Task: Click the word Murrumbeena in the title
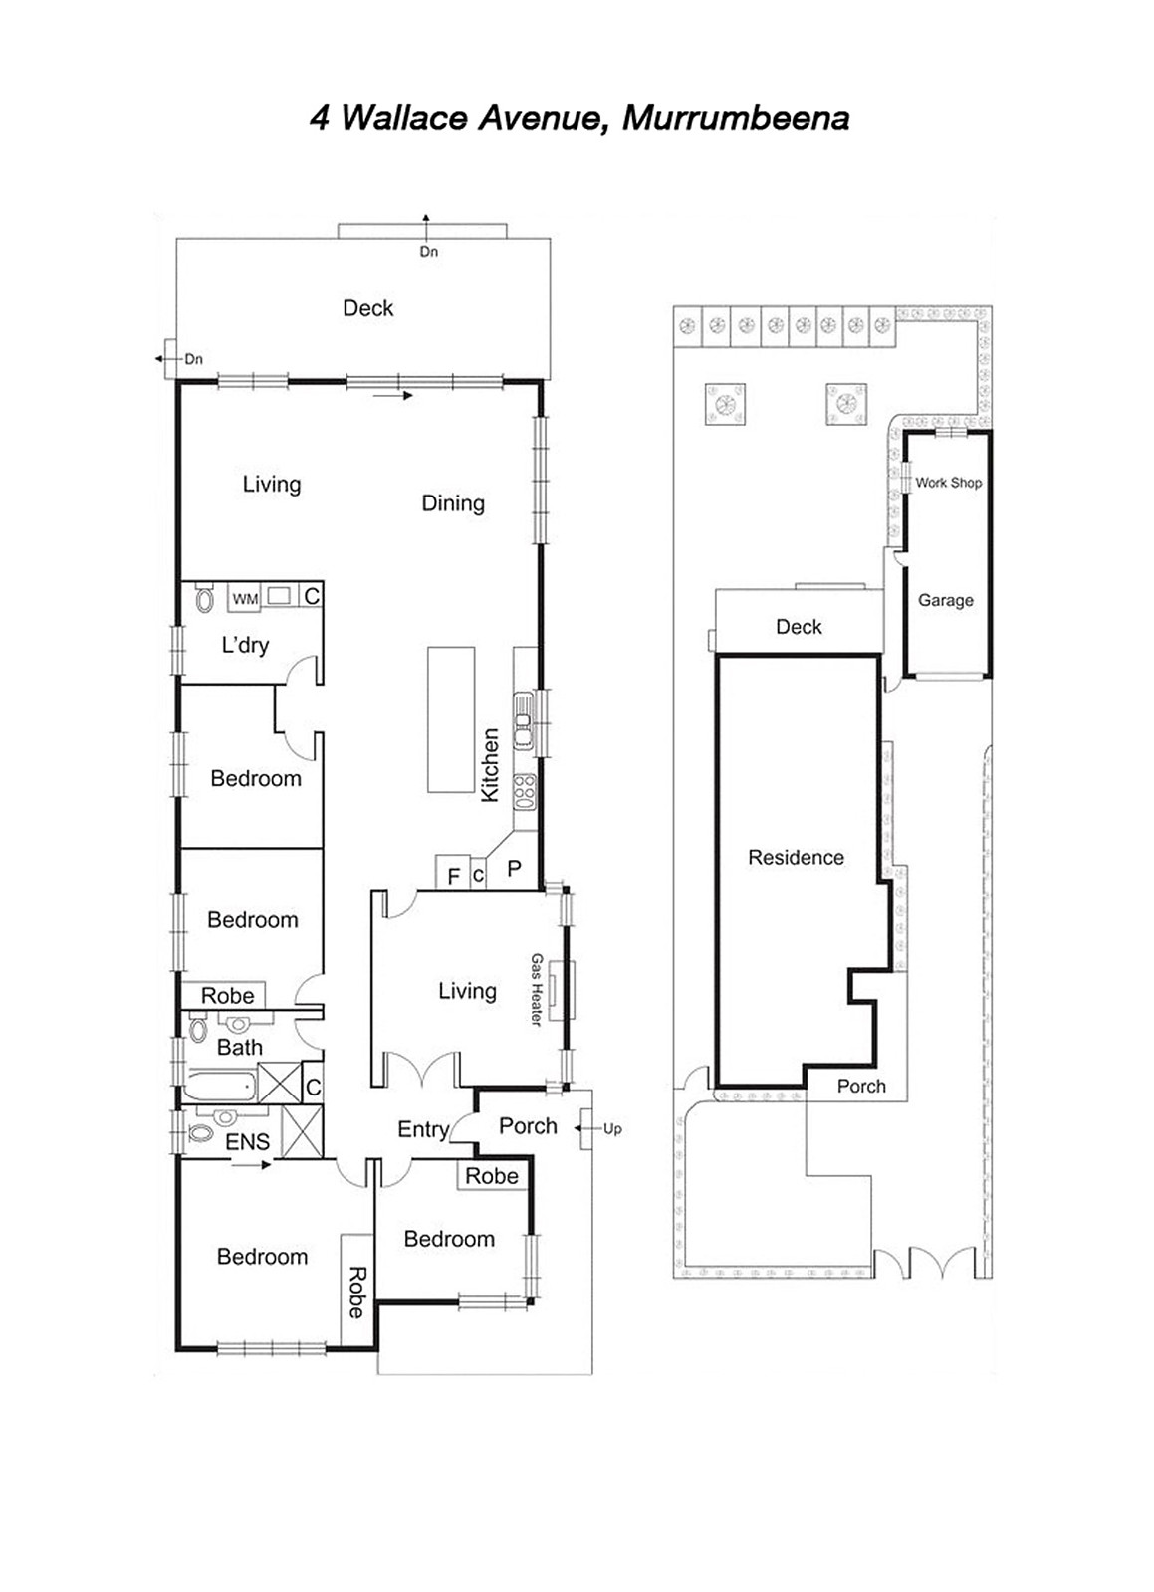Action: tap(735, 118)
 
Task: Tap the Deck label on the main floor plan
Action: tap(367, 308)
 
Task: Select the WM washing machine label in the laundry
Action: tap(245, 599)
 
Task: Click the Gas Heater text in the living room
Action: tap(537, 990)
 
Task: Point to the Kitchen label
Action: tap(490, 764)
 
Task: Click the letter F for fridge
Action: tap(454, 876)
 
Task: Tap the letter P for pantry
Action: tap(514, 869)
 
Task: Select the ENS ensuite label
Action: tap(247, 1142)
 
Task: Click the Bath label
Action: tap(240, 1047)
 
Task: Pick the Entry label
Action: tap(423, 1129)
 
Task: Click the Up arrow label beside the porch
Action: tap(612, 1128)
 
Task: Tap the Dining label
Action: tap(453, 503)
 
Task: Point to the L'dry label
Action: tap(245, 645)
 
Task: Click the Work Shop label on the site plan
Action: tap(948, 483)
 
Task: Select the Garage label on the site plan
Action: tap(945, 600)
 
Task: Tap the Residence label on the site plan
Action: tap(796, 857)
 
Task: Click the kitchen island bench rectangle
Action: tap(451, 718)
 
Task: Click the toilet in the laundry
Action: tap(205, 599)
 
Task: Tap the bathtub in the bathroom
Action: tap(221, 1086)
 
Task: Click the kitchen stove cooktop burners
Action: tap(524, 791)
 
